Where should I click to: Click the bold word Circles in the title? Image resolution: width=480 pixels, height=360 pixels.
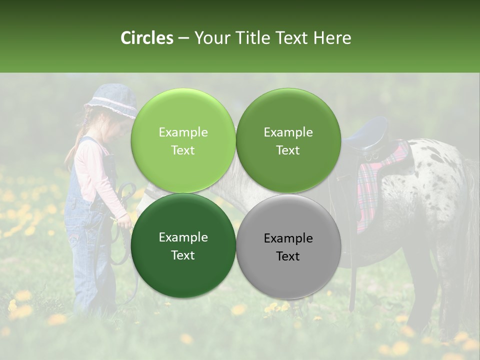(146, 37)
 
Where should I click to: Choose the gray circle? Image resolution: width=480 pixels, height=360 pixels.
(288, 246)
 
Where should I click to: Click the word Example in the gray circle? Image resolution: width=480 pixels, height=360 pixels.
(288, 238)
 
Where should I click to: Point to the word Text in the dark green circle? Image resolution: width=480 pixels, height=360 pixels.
(183, 255)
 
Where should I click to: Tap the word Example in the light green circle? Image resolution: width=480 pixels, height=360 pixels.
(183, 132)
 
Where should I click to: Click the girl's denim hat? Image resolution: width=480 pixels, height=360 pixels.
(112, 99)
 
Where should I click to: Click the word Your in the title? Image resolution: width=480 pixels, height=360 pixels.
(210, 37)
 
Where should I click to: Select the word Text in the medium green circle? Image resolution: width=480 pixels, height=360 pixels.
(288, 150)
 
